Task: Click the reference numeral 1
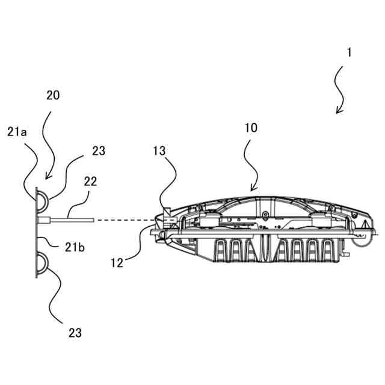[348, 52]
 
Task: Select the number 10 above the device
[251, 128]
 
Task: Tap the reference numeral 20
[52, 94]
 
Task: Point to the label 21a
[17, 132]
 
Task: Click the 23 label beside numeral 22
[98, 152]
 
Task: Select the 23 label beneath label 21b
[74, 332]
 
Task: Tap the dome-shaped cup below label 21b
[43, 263]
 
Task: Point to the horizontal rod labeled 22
[69, 220]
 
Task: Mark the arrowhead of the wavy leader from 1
[338, 111]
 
